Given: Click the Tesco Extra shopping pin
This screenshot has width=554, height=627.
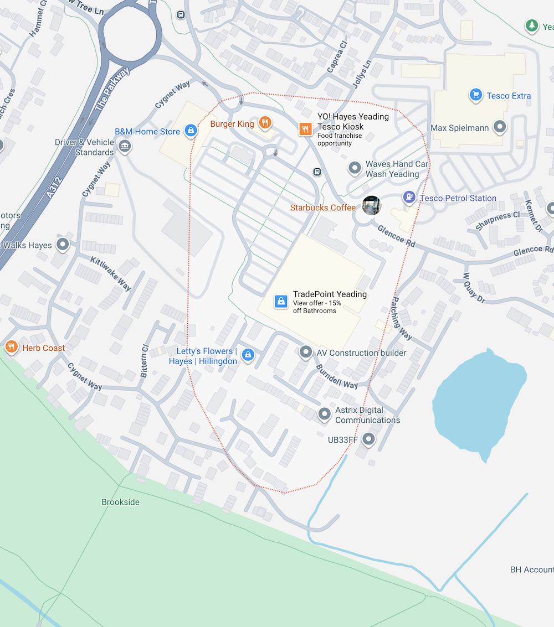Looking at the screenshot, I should (475, 95).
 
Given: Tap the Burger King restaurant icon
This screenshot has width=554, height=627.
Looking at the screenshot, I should (265, 123).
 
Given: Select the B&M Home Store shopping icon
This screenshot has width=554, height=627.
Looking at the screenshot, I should (191, 131).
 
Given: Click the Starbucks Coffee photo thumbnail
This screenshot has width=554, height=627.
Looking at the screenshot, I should (371, 205).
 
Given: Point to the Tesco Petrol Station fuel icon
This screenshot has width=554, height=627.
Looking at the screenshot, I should (409, 197).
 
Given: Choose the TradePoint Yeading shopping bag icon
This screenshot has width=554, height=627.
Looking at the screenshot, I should (281, 302).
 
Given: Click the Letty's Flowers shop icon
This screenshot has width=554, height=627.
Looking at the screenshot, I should (248, 355).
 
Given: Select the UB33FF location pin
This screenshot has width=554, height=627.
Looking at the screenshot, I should (368, 440).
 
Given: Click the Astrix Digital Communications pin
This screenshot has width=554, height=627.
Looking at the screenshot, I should (325, 413).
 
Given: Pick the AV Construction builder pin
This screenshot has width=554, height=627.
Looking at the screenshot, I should (305, 352).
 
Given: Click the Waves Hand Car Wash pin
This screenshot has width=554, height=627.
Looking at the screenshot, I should (355, 167).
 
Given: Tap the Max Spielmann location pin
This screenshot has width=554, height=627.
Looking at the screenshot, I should (500, 127).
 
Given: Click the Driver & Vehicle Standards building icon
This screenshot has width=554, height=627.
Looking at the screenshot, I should (125, 146).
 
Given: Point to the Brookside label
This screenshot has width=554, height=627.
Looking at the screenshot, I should (121, 502).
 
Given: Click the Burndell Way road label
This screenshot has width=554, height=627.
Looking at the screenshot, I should (337, 376).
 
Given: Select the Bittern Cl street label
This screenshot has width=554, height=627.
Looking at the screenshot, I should (145, 361).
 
